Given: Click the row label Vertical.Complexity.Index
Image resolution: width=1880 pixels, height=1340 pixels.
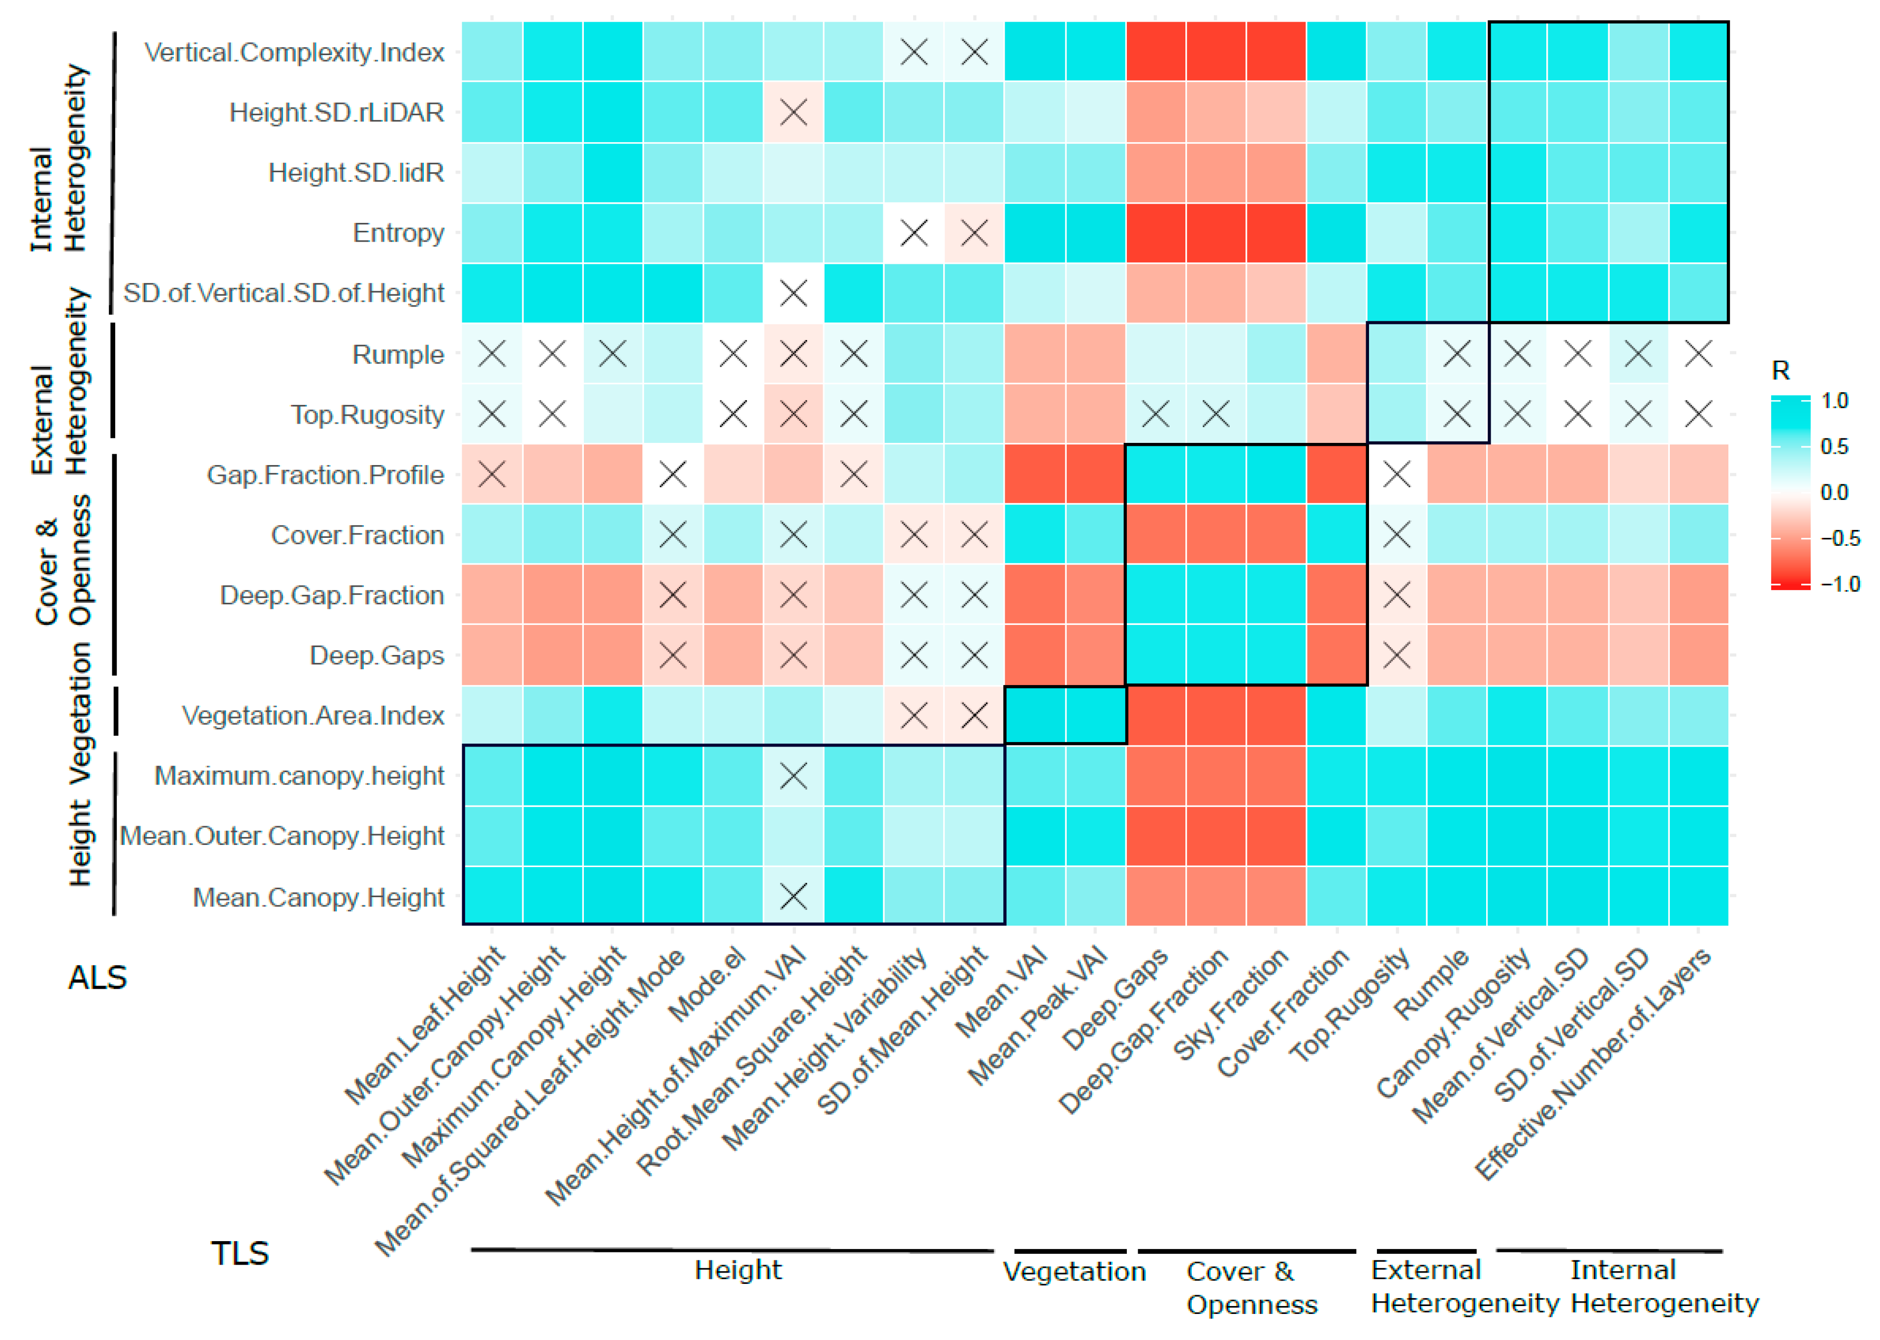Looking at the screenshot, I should tap(294, 53).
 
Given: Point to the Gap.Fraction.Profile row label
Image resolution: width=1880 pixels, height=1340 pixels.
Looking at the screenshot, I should tap(325, 475).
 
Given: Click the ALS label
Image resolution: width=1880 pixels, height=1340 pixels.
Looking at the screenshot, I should tap(97, 978).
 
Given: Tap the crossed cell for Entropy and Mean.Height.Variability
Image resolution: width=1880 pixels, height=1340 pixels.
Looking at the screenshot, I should tap(914, 234).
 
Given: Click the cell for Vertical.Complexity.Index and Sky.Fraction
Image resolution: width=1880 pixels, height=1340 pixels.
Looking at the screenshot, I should tap(1276, 52).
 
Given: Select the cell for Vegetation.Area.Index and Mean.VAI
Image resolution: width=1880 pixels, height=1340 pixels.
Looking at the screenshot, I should tap(1035, 716).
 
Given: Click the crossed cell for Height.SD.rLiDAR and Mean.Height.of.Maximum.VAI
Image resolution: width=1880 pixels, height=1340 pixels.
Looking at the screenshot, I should tap(793, 112).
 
